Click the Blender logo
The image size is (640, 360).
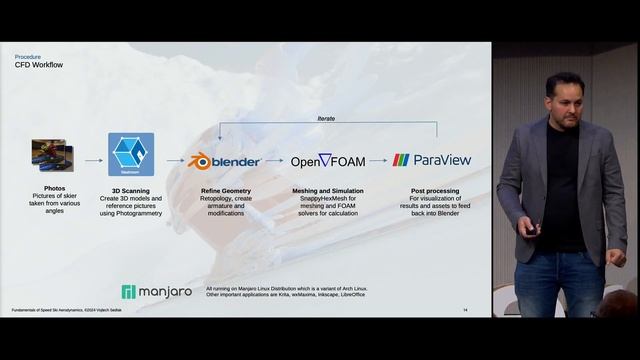tap(225, 160)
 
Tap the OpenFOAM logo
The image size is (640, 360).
tap(327, 160)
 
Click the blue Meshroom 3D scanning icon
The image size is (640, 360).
tap(129, 154)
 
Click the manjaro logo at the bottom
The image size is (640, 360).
tap(156, 292)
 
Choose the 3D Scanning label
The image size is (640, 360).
tap(130, 190)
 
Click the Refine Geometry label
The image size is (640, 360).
tap(225, 190)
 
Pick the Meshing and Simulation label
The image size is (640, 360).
tap(327, 190)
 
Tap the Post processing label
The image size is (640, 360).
tap(435, 190)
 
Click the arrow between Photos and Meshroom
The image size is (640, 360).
tap(93, 160)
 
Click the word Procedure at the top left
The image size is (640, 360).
tap(28, 57)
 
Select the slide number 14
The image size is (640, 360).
tap(465, 310)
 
